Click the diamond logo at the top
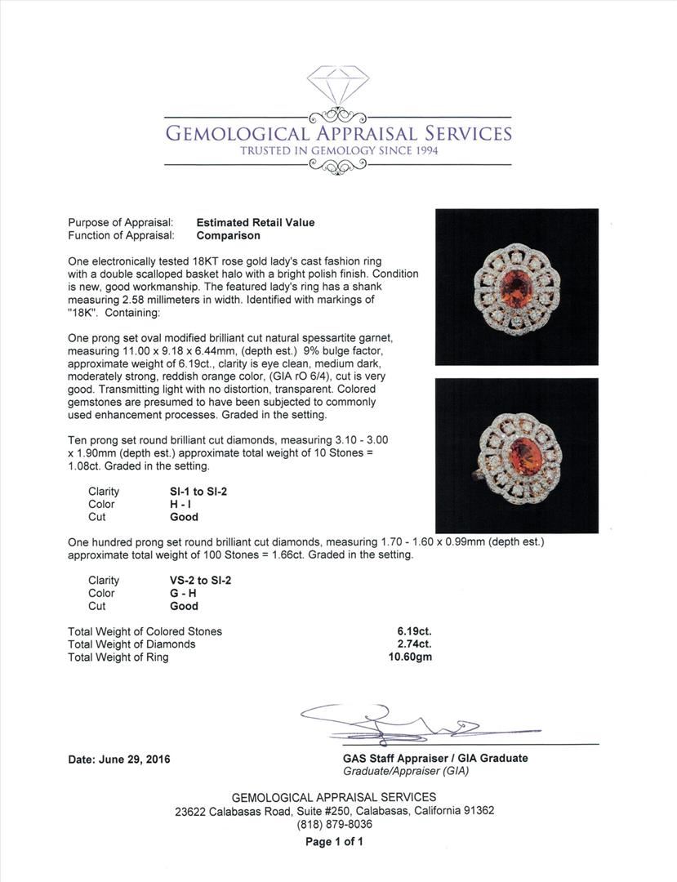point(338,84)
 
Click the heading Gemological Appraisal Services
point(338,134)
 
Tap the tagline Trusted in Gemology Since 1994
point(338,151)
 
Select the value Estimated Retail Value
point(255,222)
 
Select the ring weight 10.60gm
point(411,657)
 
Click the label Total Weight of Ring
point(118,657)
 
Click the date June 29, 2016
point(119,759)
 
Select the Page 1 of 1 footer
point(334,842)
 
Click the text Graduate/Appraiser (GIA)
point(406,771)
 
